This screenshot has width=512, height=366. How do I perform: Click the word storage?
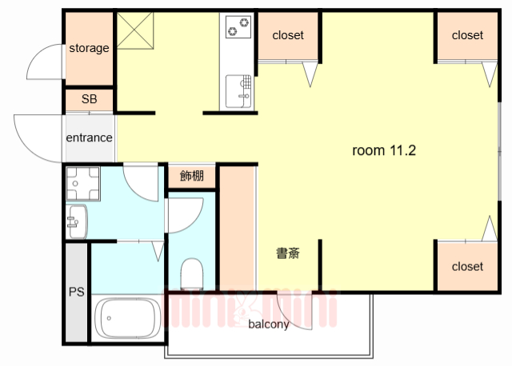pos(89,48)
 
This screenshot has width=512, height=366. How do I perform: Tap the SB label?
pos(89,100)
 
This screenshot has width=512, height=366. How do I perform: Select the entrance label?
pos(89,137)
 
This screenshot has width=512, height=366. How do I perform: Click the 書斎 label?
pos(288,254)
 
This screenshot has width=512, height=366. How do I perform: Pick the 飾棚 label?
pos(192,176)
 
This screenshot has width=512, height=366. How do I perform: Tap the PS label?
pos(77,291)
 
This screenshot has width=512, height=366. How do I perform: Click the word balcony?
pos(268,324)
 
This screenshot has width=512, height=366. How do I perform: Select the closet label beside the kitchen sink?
pos(288,35)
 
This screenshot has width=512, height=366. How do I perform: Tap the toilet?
pos(193,274)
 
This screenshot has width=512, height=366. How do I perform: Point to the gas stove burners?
pos(238,27)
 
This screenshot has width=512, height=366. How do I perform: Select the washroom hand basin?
pos(77,219)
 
